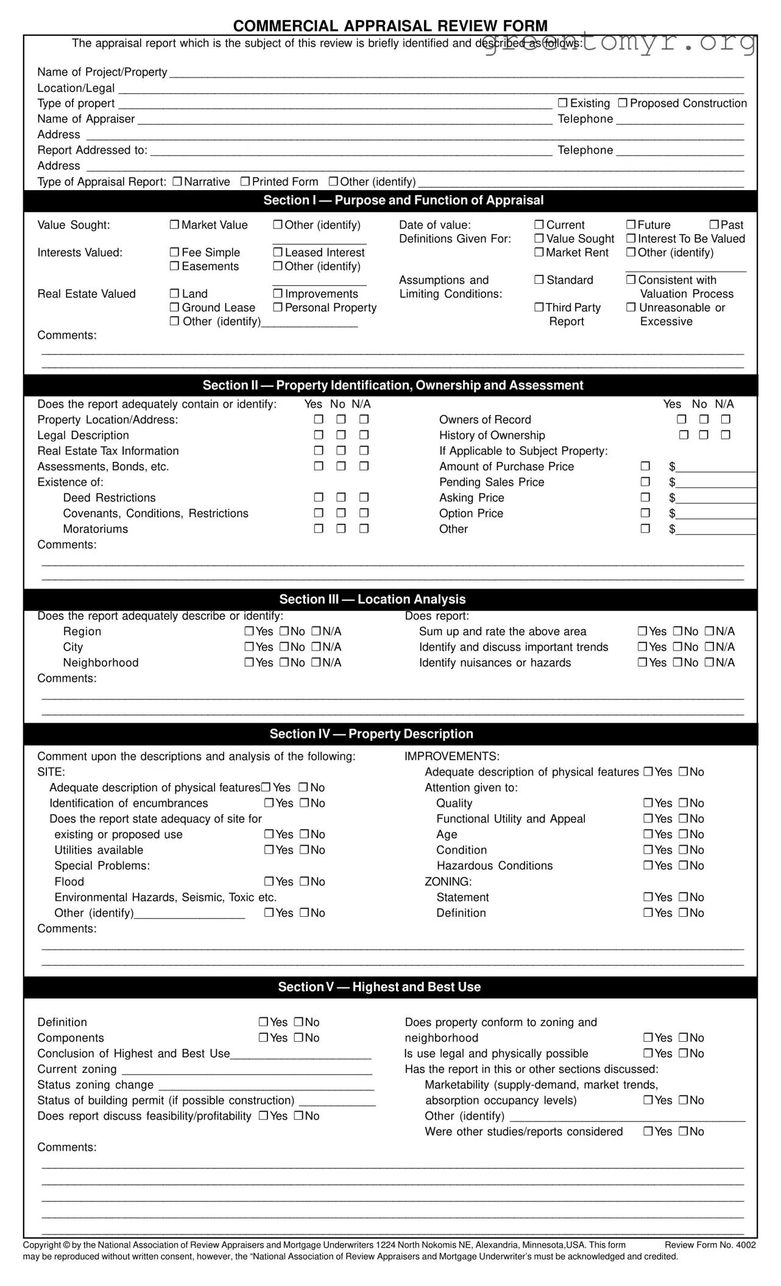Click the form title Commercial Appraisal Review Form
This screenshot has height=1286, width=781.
click(x=390, y=26)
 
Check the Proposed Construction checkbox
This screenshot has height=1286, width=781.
click(x=623, y=103)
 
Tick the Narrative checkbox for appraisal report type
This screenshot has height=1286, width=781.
click(x=177, y=182)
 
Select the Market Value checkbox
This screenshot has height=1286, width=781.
click(x=174, y=225)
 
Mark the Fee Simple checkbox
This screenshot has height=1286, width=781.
click(x=174, y=252)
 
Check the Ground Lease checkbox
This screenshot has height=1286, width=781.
click(x=174, y=308)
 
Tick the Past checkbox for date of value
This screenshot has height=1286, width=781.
click(x=714, y=225)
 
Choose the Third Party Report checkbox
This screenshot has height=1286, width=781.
click(x=539, y=308)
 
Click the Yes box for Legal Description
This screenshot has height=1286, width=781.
click(x=319, y=435)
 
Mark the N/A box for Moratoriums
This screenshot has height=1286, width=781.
click(x=364, y=529)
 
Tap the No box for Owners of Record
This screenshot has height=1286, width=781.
click(x=704, y=419)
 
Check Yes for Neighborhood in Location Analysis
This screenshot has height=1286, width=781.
click(x=249, y=663)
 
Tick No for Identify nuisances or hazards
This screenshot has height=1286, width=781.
click(x=677, y=663)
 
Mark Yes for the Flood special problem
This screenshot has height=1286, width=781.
click(x=269, y=881)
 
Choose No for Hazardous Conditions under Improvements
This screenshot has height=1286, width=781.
click(x=684, y=866)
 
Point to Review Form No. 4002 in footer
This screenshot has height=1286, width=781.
click(x=710, y=1245)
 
